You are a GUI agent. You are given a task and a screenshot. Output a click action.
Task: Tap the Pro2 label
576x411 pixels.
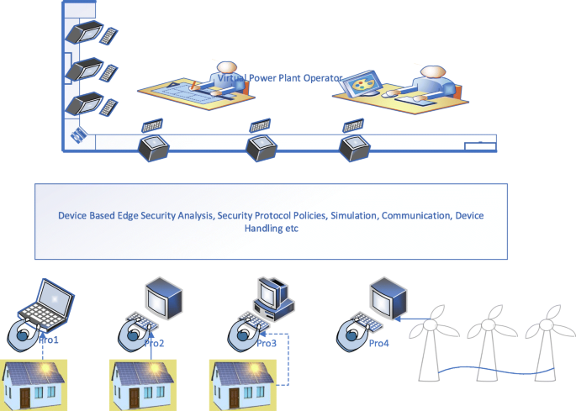tap(154, 343)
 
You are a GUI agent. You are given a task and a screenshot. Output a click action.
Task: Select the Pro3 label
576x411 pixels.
tap(266, 343)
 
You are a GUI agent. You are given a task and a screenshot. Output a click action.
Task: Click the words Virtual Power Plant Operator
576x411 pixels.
tap(279, 78)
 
